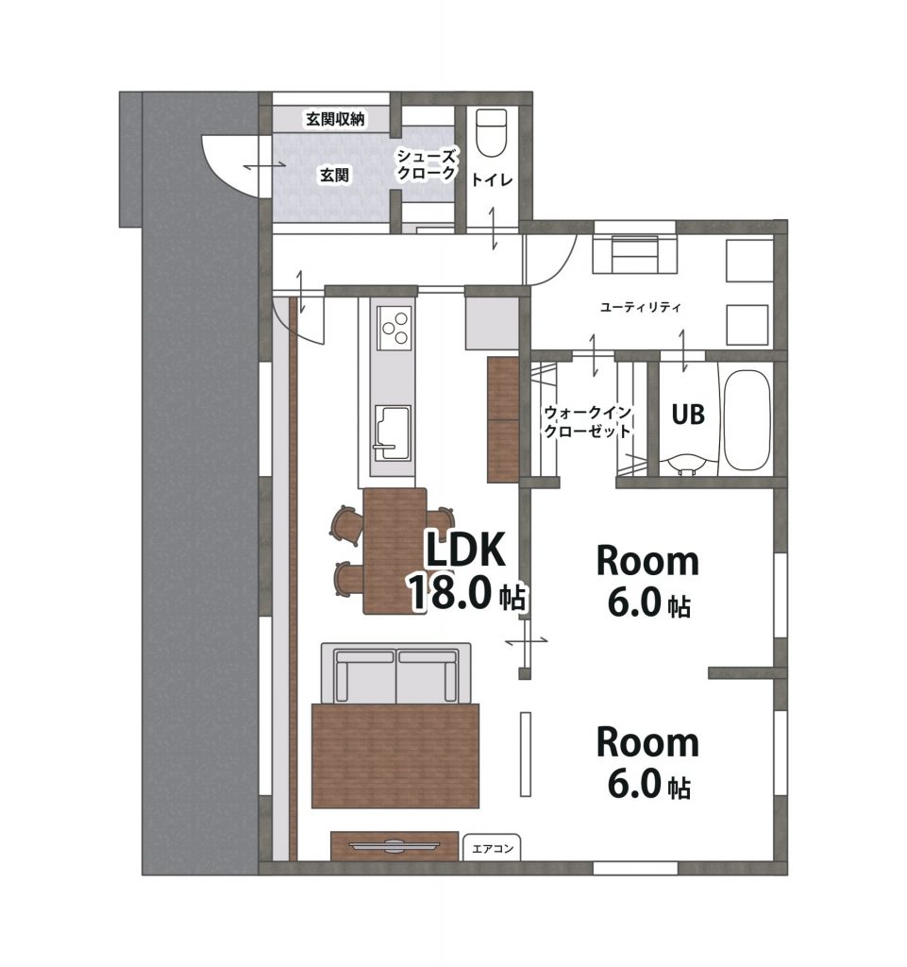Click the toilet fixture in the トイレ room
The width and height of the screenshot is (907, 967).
492,133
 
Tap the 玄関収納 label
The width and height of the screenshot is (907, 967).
336,119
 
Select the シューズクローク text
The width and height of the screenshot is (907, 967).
427,164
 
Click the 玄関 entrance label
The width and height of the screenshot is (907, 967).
334,176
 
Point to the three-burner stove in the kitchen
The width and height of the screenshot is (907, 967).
395,328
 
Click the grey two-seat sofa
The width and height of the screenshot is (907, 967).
396,673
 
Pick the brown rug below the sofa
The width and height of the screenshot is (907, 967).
395,755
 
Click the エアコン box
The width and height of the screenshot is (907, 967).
492,847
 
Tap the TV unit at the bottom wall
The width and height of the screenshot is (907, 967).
395,845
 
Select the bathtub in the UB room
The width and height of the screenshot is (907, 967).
747,421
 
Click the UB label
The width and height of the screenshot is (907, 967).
688,415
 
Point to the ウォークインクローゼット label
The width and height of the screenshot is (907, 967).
588,421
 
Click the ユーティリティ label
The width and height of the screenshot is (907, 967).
640,307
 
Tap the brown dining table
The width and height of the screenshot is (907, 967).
395,551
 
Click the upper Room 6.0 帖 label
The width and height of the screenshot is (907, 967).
647,581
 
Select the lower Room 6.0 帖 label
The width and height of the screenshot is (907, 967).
647,762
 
